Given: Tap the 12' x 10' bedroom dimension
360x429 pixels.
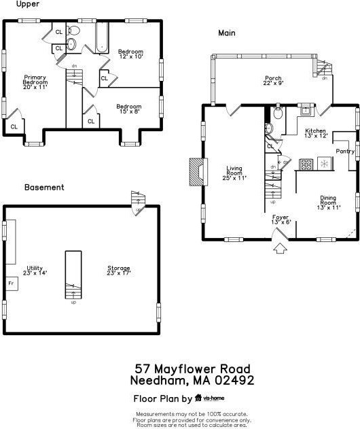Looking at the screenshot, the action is point(131,56).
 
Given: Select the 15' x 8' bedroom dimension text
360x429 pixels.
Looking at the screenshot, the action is point(130,111).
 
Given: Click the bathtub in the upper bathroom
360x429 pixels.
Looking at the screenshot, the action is point(103,37).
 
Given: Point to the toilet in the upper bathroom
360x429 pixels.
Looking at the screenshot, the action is point(73,31).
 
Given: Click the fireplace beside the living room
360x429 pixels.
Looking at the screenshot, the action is point(198,172).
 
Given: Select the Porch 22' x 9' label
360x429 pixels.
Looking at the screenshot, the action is point(273,80).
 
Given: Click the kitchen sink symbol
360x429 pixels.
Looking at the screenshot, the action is point(305,110).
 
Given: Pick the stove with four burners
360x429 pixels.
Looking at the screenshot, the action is point(306,165).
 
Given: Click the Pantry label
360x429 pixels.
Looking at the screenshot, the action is point(345,151).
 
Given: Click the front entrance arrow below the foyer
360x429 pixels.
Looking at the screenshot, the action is point(281,249).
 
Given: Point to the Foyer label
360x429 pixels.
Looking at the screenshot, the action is point(281,218).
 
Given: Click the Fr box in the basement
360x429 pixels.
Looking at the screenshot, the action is point(12,284).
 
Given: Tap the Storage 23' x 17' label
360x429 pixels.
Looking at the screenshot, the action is point(119,271).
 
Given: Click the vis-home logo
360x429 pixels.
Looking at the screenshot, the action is point(210,398).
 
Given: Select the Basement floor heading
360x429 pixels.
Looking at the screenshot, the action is point(44,187).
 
